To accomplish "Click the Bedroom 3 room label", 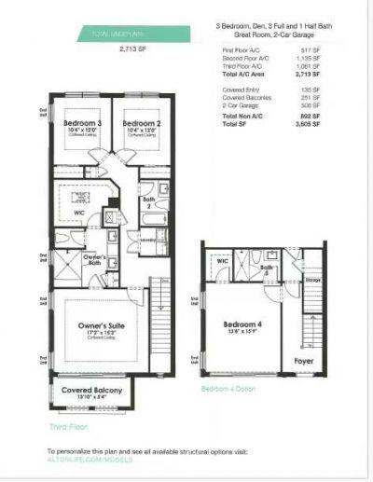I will [x=83, y=123].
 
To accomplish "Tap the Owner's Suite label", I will [x=100, y=326].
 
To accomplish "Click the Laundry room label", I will [x=148, y=239].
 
